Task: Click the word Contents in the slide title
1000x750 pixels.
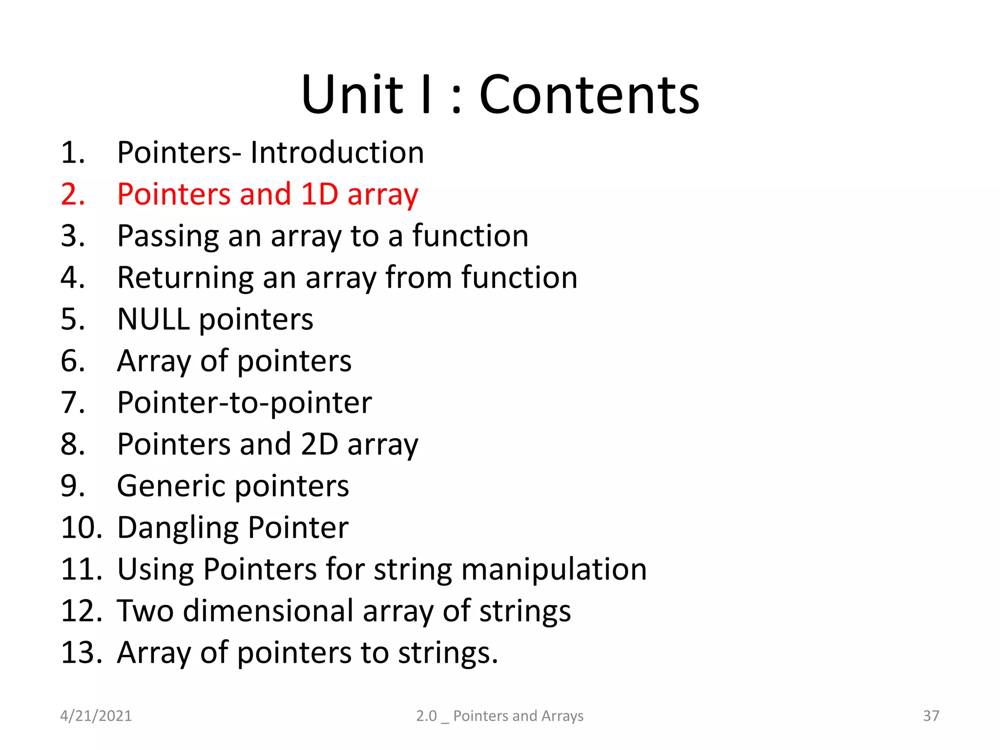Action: (589, 95)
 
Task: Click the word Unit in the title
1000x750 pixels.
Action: (352, 95)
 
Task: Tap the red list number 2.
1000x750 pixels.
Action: (73, 194)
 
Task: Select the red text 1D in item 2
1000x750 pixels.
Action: (319, 194)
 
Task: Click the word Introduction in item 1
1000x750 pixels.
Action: (337, 152)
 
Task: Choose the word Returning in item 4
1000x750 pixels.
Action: (186, 278)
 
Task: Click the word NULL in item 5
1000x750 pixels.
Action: (153, 319)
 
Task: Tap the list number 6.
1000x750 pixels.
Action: (73, 361)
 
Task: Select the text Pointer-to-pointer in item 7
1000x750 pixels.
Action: (244, 403)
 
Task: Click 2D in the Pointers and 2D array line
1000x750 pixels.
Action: (319, 444)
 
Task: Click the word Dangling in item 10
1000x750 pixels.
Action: (178, 528)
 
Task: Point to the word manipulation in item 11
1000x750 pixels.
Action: (554, 569)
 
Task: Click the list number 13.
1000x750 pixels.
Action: (81, 653)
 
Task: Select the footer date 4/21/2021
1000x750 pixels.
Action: (96, 716)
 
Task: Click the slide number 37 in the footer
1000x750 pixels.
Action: (931, 716)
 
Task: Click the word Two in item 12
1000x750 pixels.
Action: (145, 611)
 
